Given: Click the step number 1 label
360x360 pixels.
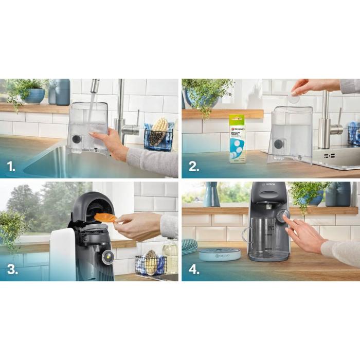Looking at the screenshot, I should pos(10,166).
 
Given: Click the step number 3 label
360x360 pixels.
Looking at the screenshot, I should pos(10,268).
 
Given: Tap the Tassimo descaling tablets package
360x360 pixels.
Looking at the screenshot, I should pos(237,138).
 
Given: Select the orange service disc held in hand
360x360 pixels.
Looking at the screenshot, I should pos(105,218).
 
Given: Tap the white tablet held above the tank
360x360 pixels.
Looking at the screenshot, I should pos(294,98).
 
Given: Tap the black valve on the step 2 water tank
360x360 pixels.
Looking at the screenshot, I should pos(278,144).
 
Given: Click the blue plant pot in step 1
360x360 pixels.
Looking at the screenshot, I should pos(35,96).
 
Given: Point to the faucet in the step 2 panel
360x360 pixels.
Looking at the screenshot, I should pos(325,123).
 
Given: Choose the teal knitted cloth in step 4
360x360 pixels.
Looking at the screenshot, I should pos(189,246).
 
